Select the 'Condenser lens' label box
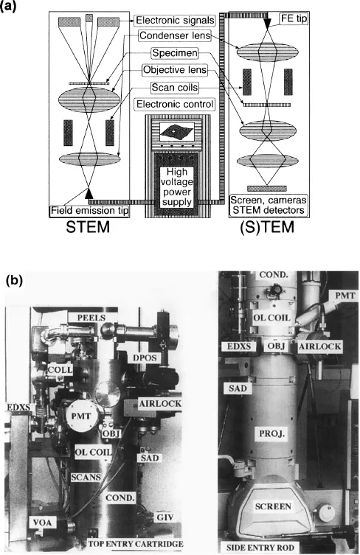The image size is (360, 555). click(175, 36)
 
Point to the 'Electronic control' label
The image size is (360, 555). click(175, 104)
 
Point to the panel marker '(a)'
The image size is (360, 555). click(17, 9)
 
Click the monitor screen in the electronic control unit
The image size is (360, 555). click(174, 132)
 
